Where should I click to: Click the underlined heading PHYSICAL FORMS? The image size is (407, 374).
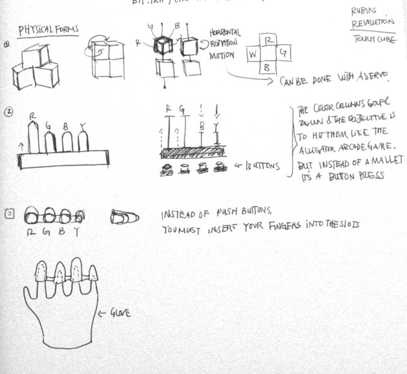click(48, 30)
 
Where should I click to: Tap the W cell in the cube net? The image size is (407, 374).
click(253, 55)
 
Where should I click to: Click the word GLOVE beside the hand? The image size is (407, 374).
click(120, 313)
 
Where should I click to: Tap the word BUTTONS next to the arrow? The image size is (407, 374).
click(263, 166)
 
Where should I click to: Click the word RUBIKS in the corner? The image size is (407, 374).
click(365, 11)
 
